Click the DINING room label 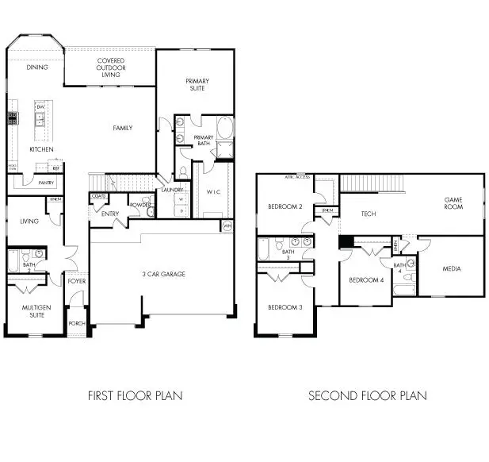[x=37, y=67]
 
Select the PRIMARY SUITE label [x=197, y=84]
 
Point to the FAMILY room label [x=122, y=128]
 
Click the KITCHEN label [x=41, y=149]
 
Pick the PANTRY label [x=46, y=183]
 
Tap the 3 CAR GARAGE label [x=163, y=274]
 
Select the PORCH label [x=77, y=323]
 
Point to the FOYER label [x=77, y=281]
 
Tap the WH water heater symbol [x=227, y=226]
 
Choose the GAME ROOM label [x=453, y=203]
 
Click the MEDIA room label [x=452, y=268]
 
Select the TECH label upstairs [x=369, y=214]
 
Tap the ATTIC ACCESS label [x=297, y=177]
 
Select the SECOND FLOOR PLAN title [x=367, y=395]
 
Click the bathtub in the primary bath [x=225, y=129]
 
